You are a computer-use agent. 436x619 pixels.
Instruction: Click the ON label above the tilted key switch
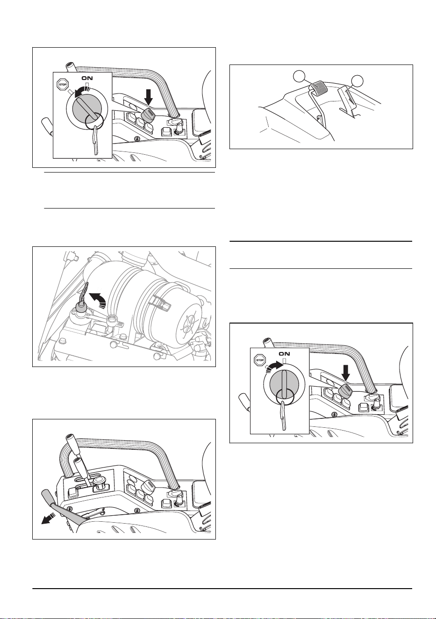tap(87, 79)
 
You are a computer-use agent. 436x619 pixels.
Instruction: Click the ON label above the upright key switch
tap(284, 353)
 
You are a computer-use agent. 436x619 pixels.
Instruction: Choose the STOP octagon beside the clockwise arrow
tap(259, 360)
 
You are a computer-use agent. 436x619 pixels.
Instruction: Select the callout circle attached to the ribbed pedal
tap(300, 77)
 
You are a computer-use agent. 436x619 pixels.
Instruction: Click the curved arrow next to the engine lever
tap(98, 299)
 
